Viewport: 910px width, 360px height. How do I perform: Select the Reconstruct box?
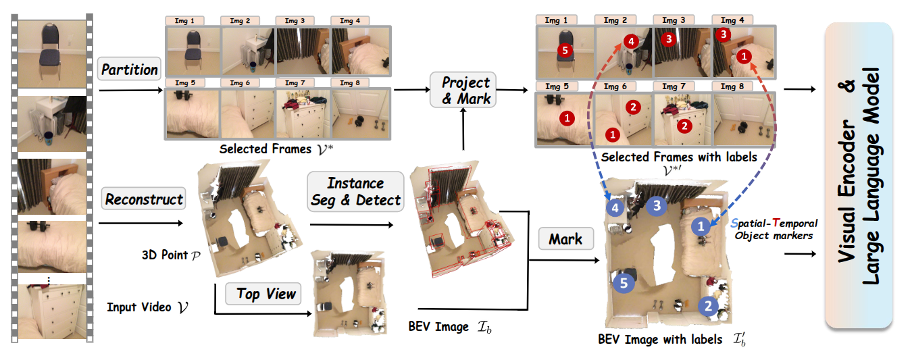(144, 199)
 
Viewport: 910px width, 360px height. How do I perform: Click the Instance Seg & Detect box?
(355, 192)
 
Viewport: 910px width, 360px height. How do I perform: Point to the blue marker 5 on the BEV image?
(624, 282)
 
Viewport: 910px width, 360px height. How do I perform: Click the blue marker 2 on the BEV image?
(707, 306)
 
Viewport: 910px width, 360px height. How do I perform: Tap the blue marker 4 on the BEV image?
(615, 208)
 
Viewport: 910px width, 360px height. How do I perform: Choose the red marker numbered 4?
(630, 41)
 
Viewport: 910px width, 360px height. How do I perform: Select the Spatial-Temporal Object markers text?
(774, 229)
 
